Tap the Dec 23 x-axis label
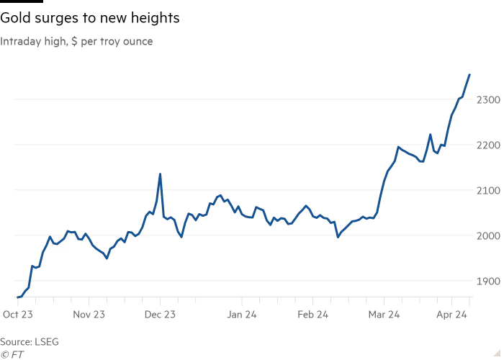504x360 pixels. [x=160, y=315]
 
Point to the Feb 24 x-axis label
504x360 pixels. [x=312, y=315]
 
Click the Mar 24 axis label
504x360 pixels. [x=384, y=315]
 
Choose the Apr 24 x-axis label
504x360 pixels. [x=454, y=315]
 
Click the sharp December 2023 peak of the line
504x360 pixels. [x=160, y=174]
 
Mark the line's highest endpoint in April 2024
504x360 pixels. [x=470, y=74]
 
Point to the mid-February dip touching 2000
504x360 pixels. [x=338, y=235]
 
